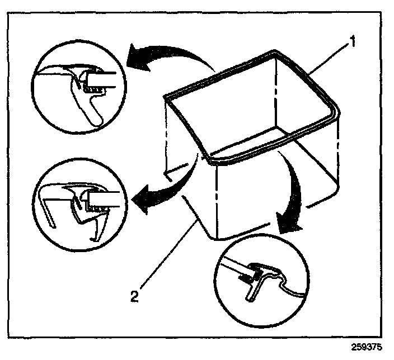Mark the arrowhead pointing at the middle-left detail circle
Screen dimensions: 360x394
coord(142,200)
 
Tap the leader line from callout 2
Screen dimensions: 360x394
coord(165,257)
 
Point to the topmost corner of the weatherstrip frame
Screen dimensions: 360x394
coord(276,52)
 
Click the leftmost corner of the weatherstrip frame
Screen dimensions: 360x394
coord(166,98)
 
